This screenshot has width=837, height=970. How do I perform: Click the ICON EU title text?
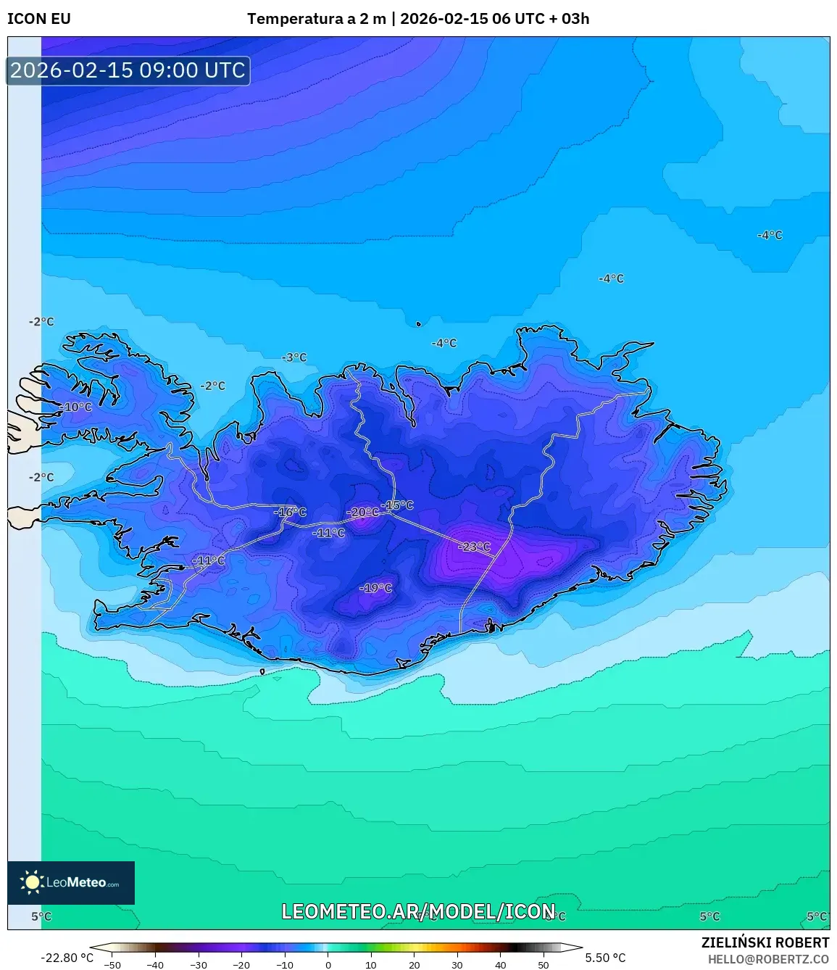(39, 19)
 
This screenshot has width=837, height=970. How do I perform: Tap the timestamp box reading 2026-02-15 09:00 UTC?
(128, 70)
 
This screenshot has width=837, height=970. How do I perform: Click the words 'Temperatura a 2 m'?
(316, 19)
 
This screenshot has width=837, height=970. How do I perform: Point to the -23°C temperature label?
(475, 547)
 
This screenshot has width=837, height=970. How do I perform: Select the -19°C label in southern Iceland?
(375, 588)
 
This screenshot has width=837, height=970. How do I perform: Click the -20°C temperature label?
(362, 513)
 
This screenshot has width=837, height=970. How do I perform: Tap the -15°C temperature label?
(398, 505)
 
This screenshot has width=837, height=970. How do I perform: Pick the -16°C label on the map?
(290, 513)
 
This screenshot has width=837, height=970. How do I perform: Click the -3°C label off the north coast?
(294, 357)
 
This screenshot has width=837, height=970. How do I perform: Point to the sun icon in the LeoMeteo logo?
(32, 882)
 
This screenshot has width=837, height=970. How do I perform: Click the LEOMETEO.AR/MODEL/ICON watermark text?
(418, 911)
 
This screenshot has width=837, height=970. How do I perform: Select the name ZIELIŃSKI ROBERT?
(765, 942)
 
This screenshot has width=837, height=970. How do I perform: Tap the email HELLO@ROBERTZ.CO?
(768, 959)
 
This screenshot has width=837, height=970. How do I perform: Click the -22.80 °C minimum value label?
(67, 958)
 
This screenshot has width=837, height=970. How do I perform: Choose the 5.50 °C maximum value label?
(605, 958)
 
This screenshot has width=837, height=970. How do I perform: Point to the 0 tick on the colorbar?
(328, 964)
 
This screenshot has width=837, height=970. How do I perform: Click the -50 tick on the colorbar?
(112, 964)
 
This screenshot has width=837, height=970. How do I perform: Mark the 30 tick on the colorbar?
(457, 964)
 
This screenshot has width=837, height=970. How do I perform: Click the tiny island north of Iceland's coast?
(418, 324)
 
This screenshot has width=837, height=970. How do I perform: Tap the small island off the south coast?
(262, 672)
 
